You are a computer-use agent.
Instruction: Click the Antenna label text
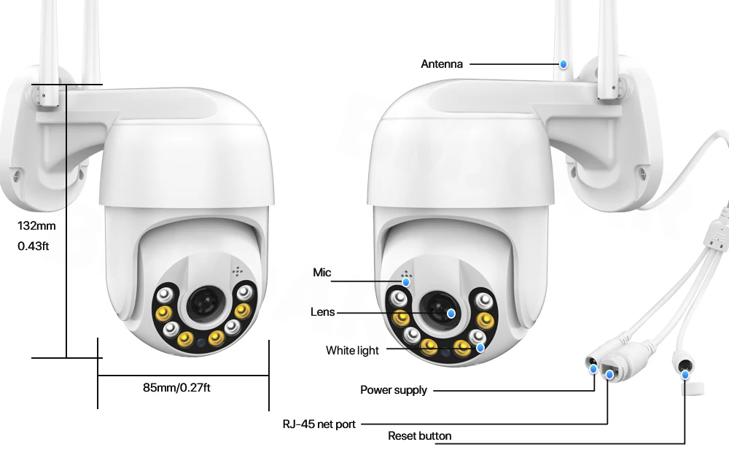point(442,64)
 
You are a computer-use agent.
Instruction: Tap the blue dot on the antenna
point(564,64)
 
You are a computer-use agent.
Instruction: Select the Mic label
point(321,273)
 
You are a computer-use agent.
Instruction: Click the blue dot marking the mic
point(406,281)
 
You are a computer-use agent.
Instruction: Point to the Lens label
point(322,312)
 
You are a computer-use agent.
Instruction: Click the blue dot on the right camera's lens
point(451,313)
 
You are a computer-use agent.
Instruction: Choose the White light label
point(352,351)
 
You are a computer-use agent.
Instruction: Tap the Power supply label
point(394,390)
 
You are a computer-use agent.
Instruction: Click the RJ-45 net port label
point(319,424)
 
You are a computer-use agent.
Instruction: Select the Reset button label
point(419,436)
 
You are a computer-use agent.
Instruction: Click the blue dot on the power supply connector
point(592,368)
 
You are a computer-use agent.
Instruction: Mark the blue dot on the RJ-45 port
point(609,375)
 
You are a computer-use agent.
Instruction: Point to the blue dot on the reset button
point(685,374)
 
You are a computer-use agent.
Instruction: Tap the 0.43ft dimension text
point(34,246)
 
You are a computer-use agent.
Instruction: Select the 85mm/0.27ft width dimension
point(176,387)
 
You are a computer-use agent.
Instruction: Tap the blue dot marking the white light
point(480,347)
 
